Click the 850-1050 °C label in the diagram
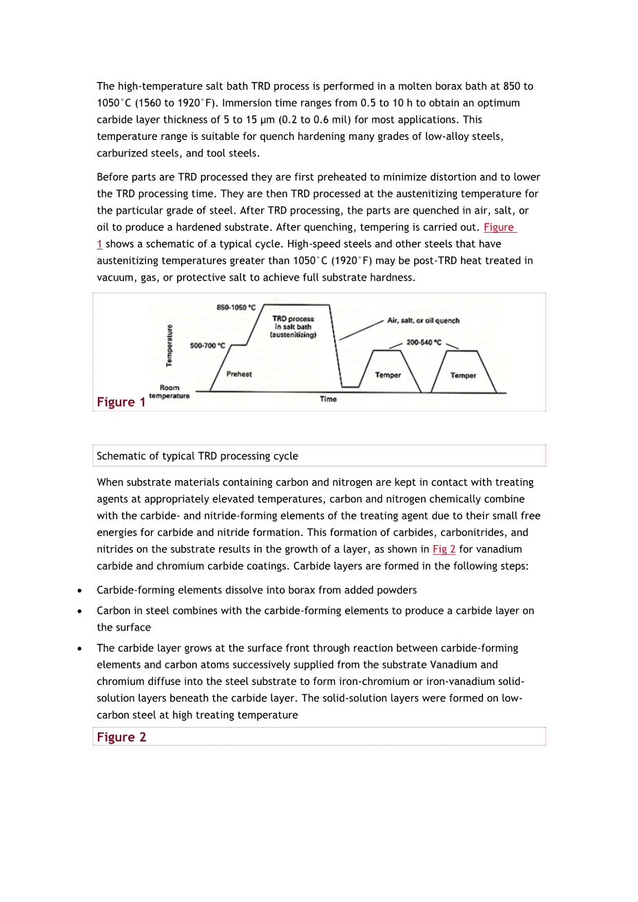pos(236,307)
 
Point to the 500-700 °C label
pos(207,346)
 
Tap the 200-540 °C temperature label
pos(424,342)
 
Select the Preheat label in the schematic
pos(239,374)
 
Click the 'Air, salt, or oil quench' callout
pos(423,320)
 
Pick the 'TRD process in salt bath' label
pos(293,327)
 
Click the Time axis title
pos(328,399)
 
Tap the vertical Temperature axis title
pos(169,345)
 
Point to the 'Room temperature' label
pos(169,391)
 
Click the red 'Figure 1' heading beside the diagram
pos(121,402)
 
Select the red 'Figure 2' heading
pos(121,737)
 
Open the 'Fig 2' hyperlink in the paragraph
pos(444,549)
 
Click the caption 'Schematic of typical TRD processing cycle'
pos(198,456)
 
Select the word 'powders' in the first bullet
pos(397,590)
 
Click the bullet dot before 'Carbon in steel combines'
pos(81,611)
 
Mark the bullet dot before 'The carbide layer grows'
pos(81,648)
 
